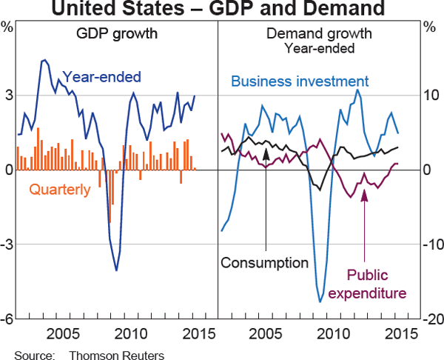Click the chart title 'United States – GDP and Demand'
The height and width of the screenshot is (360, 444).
click(x=221, y=10)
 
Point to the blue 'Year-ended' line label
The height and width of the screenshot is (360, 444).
click(x=101, y=76)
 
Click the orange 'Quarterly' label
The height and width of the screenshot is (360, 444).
click(x=59, y=189)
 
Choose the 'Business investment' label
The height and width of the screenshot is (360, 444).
click(x=300, y=81)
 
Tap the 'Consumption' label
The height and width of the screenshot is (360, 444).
click(x=264, y=263)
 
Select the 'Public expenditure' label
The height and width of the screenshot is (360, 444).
click(x=367, y=284)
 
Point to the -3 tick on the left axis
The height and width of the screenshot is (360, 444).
click(x=7, y=244)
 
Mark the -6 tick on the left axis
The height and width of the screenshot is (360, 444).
click(x=7, y=319)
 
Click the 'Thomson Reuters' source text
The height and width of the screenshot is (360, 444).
click(x=117, y=354)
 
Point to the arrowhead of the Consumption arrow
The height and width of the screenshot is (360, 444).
click(x=265, y=150)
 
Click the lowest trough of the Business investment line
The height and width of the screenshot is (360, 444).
click(x=320, y=301)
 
